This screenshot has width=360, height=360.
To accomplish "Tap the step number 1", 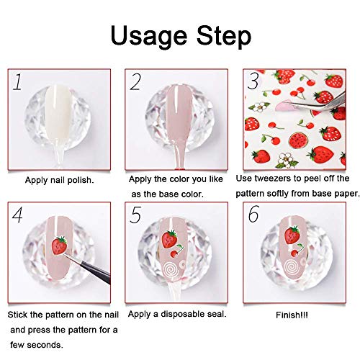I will point(17,81).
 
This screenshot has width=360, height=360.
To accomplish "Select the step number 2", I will point(135,82).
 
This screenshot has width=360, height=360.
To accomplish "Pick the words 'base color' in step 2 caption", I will point(178,192).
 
